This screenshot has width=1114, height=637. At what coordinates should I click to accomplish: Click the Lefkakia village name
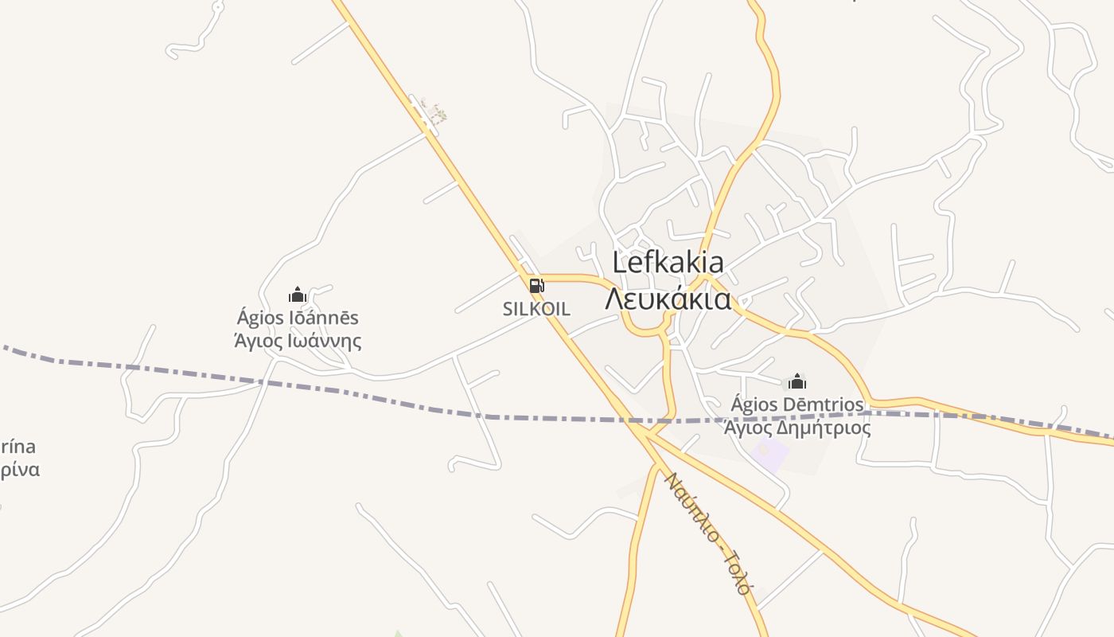pyautogui.click(x=668, y=263)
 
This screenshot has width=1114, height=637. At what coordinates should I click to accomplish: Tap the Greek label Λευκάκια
pyautogui.click(x=668, y=299)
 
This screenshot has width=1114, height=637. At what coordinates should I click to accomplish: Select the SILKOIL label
pyautogui.click(x=536, y=309)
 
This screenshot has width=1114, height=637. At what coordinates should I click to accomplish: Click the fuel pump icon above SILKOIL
pyautogui.click(x=537, y=286)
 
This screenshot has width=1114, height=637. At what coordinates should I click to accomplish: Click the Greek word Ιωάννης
pyautogui.click(x=321, y=342)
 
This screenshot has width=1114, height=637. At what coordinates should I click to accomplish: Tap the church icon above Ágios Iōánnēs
pyautogui.click(x=298, y=295)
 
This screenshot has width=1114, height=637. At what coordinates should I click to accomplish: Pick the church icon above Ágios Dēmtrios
pyautogui.click(x=797, y=381)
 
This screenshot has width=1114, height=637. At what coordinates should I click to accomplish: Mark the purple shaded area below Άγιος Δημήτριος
pyautogui.click(x=769, y=453)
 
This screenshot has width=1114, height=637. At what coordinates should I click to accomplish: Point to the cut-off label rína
pyautogui.click(x=18, y=446)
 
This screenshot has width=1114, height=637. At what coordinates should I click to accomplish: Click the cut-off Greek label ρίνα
pyautogui.click(x=19, y=470)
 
